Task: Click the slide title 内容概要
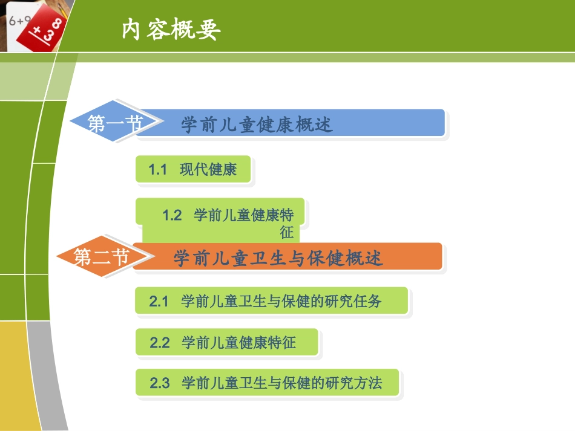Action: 171,30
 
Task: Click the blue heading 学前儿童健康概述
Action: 257,125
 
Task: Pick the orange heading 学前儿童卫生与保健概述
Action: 278,259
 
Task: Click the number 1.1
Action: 158,170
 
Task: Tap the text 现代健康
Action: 208,170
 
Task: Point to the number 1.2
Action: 172,216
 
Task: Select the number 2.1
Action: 159,301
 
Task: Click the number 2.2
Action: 160,343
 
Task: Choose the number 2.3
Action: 160,383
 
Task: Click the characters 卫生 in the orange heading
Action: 261,259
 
